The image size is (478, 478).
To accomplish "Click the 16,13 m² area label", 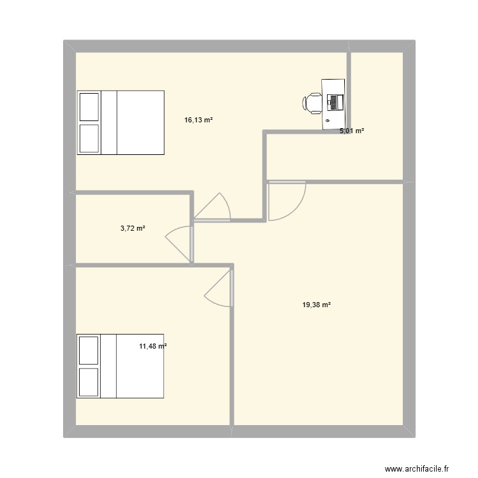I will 198,119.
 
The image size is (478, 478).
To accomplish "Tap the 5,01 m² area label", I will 352,131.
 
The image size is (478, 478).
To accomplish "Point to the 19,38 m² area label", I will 317,305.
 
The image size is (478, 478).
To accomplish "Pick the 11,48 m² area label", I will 153,347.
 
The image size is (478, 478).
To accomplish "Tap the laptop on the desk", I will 335,101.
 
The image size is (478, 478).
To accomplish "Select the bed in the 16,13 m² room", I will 121,122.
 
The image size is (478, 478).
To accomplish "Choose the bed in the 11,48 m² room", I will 121,366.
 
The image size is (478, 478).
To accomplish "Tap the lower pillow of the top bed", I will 89,138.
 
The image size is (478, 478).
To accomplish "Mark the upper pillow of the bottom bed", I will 89,350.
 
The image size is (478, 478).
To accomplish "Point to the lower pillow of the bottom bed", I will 89,382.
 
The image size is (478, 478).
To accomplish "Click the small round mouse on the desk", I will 328,120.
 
